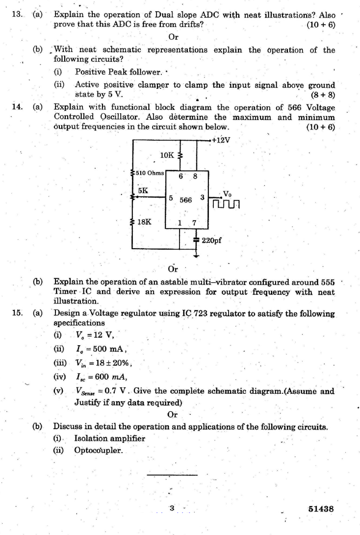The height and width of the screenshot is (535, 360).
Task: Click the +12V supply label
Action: point(222,140)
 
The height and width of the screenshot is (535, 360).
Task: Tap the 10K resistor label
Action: point(167,155)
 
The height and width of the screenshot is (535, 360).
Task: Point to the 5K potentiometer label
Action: point(143,189)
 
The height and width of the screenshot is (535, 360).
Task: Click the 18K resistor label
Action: point(144,221)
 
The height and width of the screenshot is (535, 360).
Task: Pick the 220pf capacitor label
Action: point(212,241)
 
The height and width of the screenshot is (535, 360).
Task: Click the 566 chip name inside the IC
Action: point(185,201)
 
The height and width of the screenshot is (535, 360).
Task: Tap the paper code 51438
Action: point(321,509)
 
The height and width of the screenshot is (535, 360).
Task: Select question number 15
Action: point(18,313)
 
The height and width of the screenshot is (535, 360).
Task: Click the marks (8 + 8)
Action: point(323,94)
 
